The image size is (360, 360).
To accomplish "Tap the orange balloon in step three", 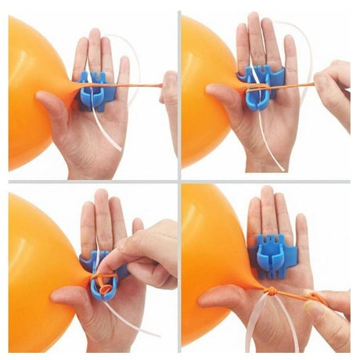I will (x=31, y=266).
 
